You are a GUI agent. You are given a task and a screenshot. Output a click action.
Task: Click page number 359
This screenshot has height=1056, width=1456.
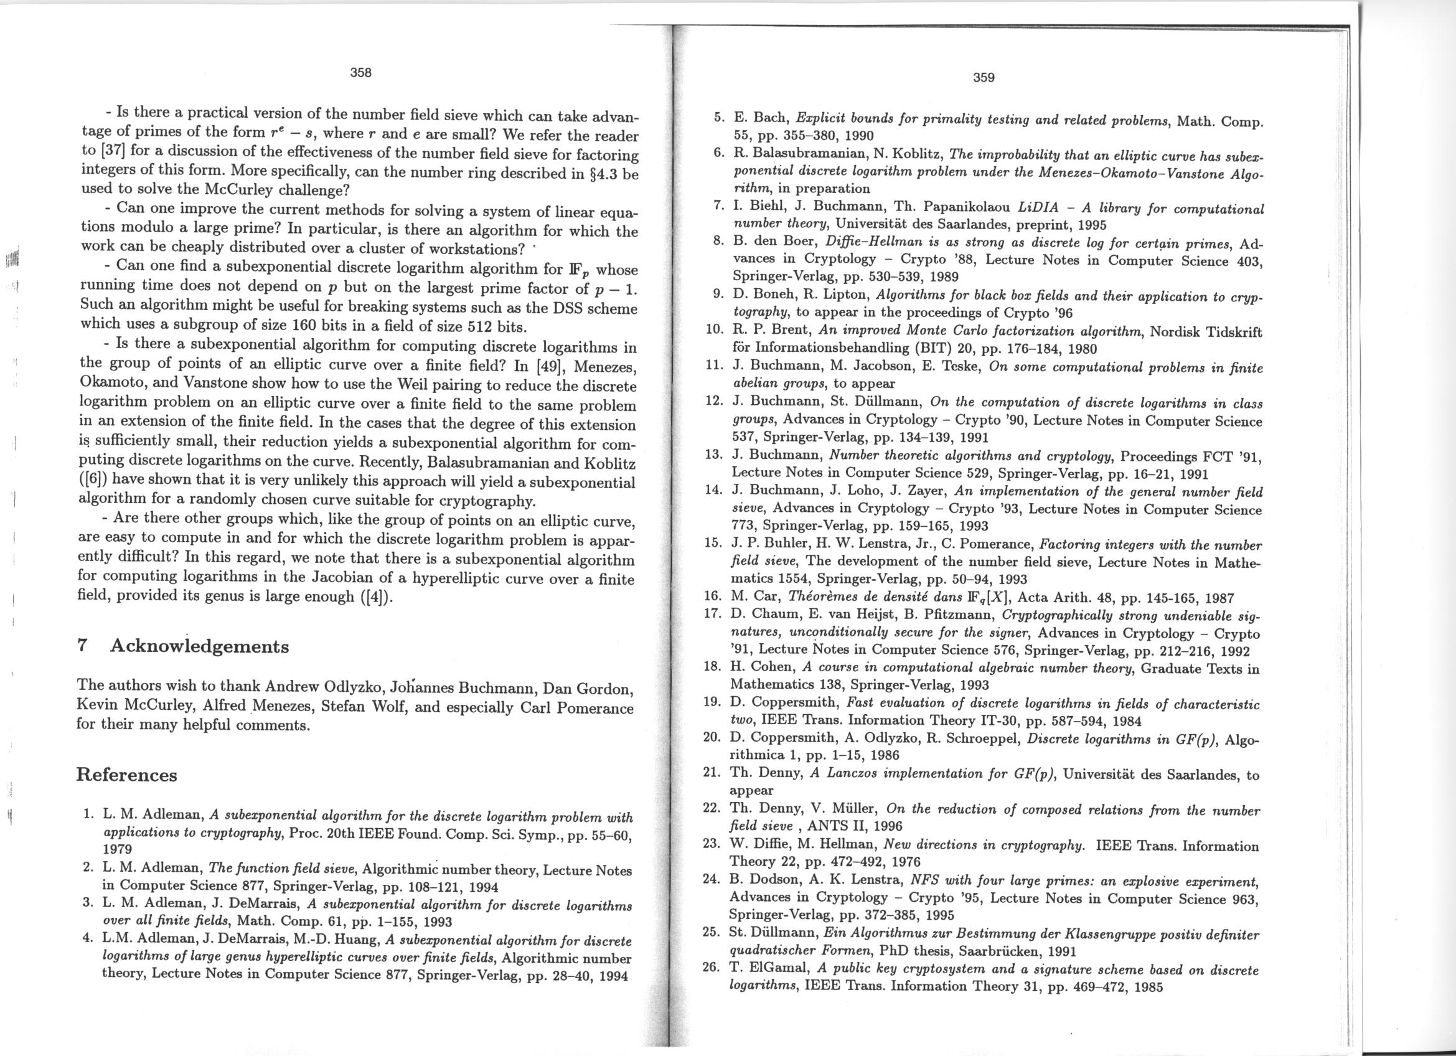[x=983, y=78]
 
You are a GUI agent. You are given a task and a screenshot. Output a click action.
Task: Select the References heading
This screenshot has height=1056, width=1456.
[x=126, y=775]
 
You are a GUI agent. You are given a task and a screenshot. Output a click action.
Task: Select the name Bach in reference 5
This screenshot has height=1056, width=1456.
[x=771, y=119]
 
